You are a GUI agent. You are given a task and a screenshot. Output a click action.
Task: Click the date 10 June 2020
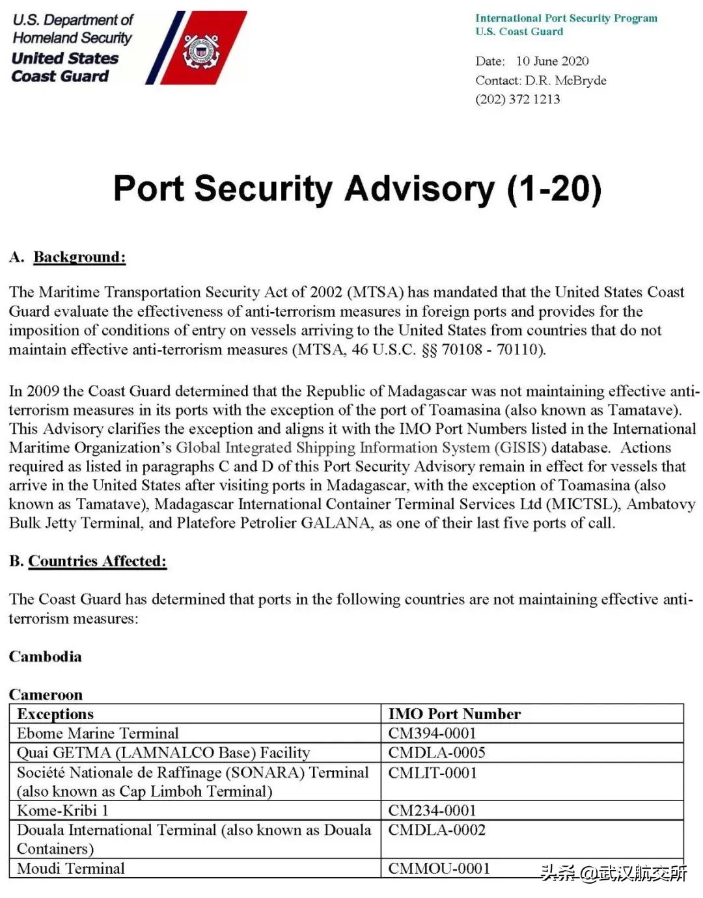[x=552, y=61]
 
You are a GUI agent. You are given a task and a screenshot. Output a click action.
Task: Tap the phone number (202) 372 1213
[x=517, y=99]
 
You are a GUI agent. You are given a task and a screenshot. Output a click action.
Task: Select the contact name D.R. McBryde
[x=566, y=81]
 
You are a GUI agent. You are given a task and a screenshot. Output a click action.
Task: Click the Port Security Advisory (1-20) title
[x=357, y=189]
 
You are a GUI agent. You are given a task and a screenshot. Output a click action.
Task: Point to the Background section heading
[x=79, y=257]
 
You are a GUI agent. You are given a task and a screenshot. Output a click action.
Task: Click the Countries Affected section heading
[x=97, y=561]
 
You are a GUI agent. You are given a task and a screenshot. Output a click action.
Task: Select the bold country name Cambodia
[x=46, y=656]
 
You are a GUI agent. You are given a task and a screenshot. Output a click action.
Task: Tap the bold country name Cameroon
[x=46, y=694]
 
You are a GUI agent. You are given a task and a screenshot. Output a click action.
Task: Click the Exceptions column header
[x=55, y=714]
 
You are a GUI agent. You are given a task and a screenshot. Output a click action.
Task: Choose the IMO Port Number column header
[x=454, y=714]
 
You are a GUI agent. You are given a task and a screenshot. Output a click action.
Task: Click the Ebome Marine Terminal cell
[x=98, y=733]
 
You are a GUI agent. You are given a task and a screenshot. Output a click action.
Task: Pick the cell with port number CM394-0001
[x=432, y=733]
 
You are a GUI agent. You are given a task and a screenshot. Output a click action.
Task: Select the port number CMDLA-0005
[x=437, y=753]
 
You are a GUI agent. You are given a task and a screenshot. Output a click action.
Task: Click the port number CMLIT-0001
[x=433, y=773]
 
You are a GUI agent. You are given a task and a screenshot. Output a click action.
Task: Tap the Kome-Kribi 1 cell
[x=62, y=810]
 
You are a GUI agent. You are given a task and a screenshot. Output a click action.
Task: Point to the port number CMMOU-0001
[x=439, y=869]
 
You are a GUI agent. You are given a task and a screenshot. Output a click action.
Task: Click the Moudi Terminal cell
[x=71, y=869]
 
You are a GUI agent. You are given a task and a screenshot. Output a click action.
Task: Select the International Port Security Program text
[x=566, y=18]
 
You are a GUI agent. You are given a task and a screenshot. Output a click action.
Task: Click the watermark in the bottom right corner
[x=613, y=873]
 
